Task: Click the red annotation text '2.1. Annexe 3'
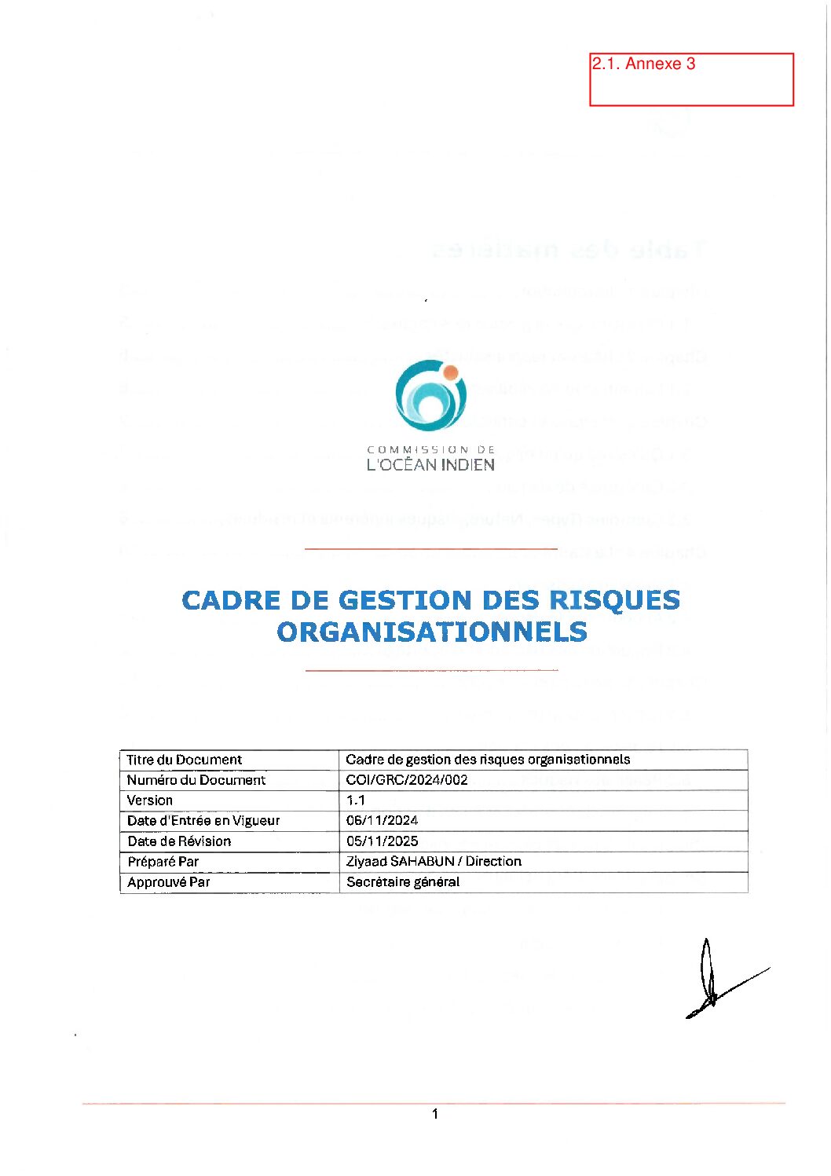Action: tap(643, 64)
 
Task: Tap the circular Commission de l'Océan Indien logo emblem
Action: tap(430, 395)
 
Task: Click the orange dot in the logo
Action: tap(451, 372)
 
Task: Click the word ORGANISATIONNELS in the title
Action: tap(432, 632)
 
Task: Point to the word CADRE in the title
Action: tap(231, 600)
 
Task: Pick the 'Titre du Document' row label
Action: tap(185, 760)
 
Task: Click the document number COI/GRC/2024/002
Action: tap(407, 780)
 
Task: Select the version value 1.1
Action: tap(356, 800)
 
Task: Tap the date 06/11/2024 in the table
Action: tap(382, 820)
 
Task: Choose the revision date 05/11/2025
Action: tap(382, 841)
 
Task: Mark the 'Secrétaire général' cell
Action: tap(403, 881)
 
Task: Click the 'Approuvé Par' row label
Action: tap(169, 882)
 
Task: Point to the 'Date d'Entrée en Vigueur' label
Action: tap(203, 820)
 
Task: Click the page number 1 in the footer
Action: tap(435, 1113)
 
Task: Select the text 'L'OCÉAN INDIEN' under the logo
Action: tap(430, 465)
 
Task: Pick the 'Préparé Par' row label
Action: tap(163, 862)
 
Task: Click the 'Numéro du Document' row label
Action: tap(196, 780)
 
